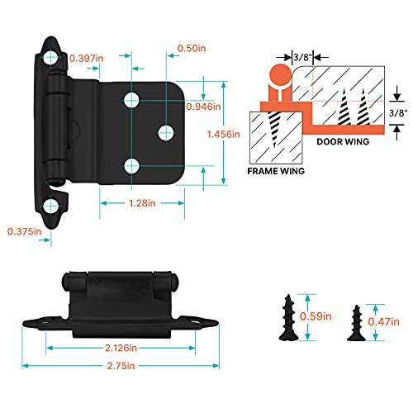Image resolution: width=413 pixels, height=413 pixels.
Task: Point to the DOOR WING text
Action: click(344, 140)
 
